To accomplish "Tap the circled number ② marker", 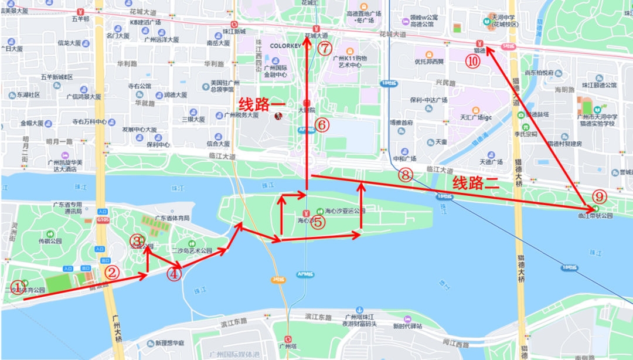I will pos(113,272).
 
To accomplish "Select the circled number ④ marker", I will pos(174,273).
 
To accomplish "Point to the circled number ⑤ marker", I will pos(317,222).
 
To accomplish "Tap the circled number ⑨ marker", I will pos(598,196).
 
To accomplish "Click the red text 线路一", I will pos(261,104).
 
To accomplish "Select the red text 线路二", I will pos(475,183).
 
